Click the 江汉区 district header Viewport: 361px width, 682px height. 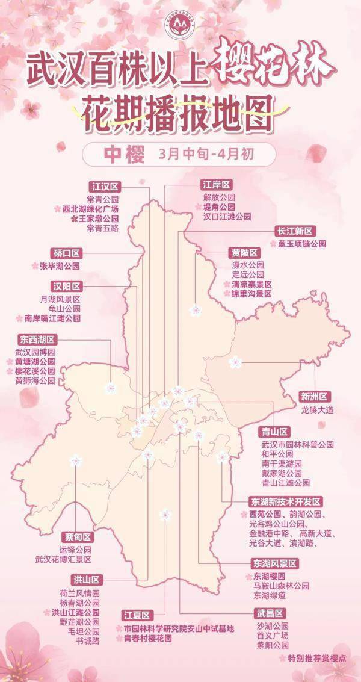point(103,186)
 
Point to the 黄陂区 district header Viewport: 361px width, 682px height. point(244,252)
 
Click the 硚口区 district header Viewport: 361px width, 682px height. point(66,253)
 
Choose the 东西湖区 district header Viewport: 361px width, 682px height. point(37,339)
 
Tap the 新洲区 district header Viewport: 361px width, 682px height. point(314,397)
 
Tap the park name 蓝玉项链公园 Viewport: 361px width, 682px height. point(301,244)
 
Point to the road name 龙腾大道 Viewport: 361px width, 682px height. point(317,409)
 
